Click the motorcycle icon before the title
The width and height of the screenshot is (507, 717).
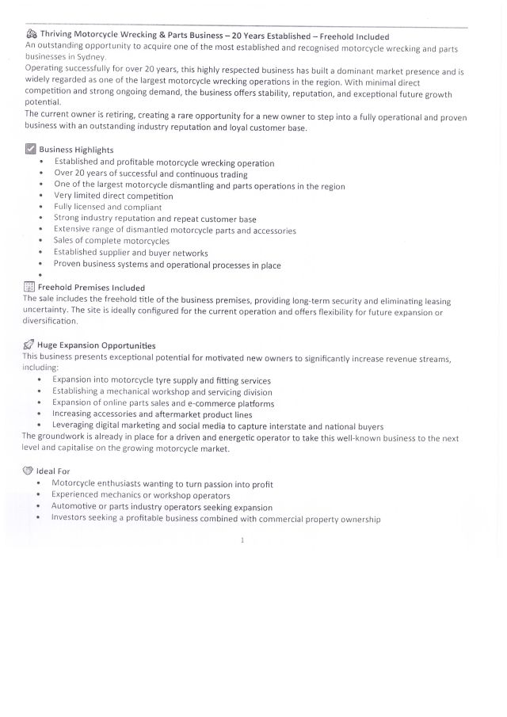[x=32, y=36]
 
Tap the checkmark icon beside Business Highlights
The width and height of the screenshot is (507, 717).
[x=31, y=149]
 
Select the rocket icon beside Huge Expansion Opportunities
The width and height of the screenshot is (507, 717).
[x=29, y=345]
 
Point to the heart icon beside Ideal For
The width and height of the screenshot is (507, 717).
[x=28, y=471]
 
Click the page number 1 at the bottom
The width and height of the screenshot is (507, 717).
[x=242, y=540]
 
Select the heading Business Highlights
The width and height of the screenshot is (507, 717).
[x=76, y=150]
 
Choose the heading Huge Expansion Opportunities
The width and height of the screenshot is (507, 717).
[x=96, y=345]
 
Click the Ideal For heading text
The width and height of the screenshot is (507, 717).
[x=53, y=471]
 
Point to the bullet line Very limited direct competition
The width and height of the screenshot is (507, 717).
[x=113, y=196]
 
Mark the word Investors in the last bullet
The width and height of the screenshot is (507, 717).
[x=71, y=519]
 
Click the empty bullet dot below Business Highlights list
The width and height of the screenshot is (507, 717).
[x=40, y=276]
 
